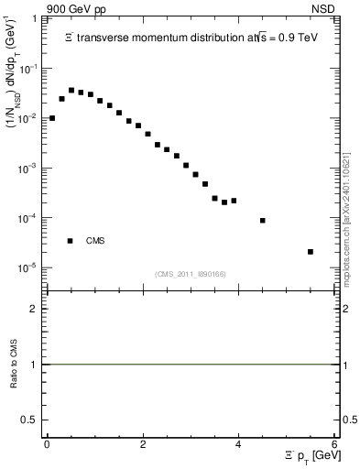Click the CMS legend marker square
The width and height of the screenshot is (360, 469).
pyautogui.click(x=70, y=241)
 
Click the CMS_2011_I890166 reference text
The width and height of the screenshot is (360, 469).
pyautogui.click(x=191, y=273)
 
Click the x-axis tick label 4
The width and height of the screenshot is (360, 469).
pyautogui.click(x=238, y=444)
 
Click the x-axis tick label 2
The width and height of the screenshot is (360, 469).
pyautogui.click(x=142, y=444)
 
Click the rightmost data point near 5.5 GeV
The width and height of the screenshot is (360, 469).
pyautogui.click(x=311, y=252)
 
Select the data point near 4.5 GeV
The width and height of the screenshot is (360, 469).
pyautogui.click(x=263, y=221)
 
